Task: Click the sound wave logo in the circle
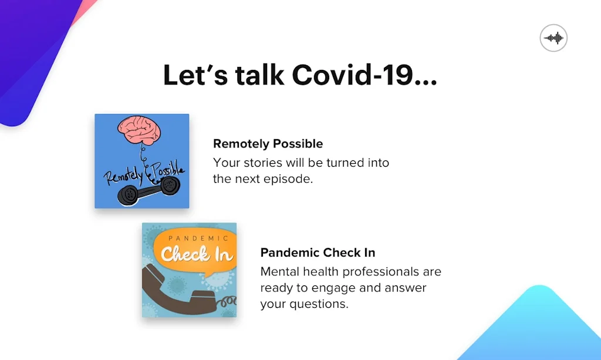[553, 38]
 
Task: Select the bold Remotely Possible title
[268, 144]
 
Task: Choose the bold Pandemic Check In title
[318, 253]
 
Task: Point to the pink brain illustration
[139, 129]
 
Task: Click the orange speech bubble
[195, 251]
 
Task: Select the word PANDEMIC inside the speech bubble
[198, 238]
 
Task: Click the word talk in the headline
[259, 75]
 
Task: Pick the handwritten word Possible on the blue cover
[168, 171]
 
